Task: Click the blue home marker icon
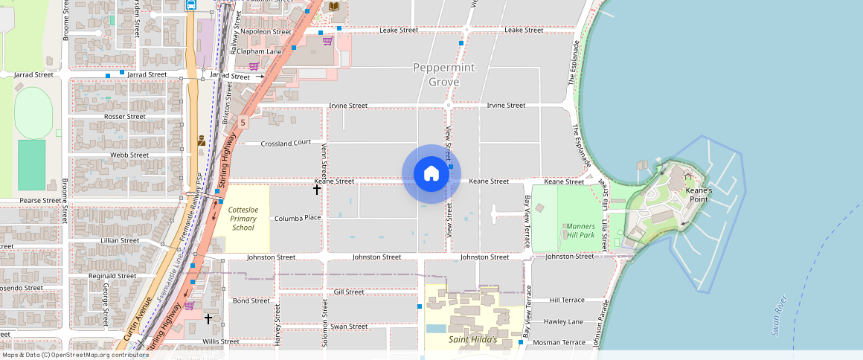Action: pos(431,174)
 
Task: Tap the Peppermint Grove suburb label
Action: pos(443,74)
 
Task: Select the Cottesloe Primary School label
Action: pos(243,219)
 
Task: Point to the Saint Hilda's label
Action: pos(474,340)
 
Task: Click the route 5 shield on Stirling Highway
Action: pos(243,122)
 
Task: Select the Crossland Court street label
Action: pos(286,143)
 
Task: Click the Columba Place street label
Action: pos(297,219)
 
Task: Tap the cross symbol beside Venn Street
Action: pos(317,190)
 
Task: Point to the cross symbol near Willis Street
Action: pos(208,318)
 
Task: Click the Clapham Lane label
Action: pos(261,51)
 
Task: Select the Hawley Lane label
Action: pos(563,321)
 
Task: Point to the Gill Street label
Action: pos(349,292)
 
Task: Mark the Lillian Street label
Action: pos(120,241)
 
